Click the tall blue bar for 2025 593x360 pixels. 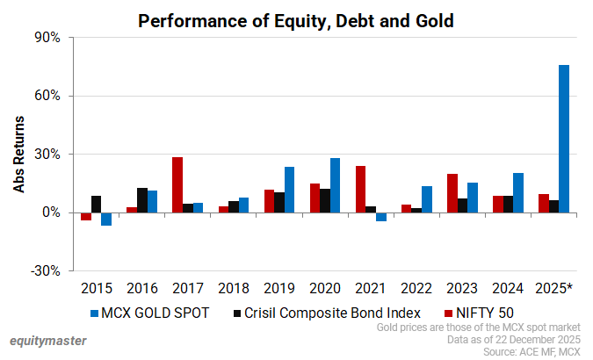(x=564, y=139)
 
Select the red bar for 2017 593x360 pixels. (x=177, y=184)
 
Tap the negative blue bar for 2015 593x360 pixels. (x=106, y=219)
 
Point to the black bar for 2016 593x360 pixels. (x=142, y=200)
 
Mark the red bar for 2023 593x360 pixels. (x=452, y=193)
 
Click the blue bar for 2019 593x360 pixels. (x=289, y=190)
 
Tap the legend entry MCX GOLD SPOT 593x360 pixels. (x=148, y=312)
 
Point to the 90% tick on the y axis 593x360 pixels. (x=47, y=38)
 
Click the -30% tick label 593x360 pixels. (x=44, y=270)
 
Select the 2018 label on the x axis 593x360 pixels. (x=234, y=287)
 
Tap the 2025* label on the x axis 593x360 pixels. (x=554, y=287)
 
